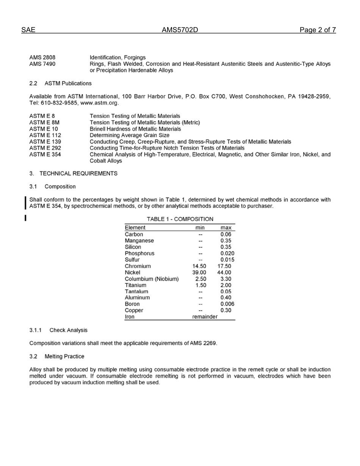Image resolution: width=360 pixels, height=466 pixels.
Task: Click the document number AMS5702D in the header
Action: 180,30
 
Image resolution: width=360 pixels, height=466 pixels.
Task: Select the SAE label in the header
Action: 28,30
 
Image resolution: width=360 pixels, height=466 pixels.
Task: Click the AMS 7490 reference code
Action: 42,64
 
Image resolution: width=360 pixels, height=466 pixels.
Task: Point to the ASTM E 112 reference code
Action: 45,135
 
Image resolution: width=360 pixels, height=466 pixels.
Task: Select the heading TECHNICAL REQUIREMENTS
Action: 78,174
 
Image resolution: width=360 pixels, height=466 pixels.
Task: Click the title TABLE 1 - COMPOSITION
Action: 180,219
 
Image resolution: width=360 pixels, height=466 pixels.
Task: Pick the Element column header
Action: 135,228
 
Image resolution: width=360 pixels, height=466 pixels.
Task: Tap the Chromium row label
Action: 138,266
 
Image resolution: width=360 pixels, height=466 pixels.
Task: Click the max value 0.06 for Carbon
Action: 226,235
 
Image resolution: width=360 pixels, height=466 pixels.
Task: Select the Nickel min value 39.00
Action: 199,273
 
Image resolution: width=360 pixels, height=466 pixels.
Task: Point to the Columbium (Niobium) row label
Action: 152,279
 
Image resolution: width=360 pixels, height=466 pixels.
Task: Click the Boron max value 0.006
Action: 227,304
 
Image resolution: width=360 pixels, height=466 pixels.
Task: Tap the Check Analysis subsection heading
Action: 68,330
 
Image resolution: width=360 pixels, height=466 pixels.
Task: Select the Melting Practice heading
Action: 64,357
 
